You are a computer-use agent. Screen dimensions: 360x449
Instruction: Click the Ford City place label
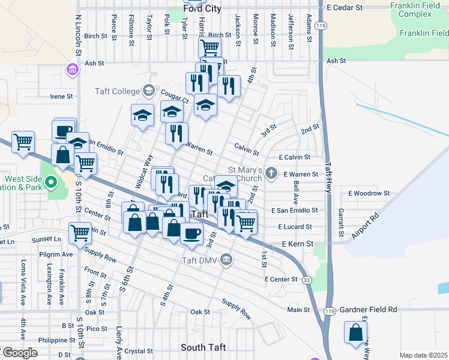tap(203, 9)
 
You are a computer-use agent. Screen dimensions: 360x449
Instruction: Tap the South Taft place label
tap(203, 348)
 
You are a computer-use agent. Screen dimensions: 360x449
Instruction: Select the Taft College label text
tap(116, 91)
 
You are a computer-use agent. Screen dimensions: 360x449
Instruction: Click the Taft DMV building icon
tap(226, 259)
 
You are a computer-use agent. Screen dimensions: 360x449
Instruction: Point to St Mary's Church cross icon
tap(271, 174)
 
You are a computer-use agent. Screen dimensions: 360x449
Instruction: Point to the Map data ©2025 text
tap(424, 355)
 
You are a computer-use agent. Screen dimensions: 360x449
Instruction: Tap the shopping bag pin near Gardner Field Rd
tap(356, 332)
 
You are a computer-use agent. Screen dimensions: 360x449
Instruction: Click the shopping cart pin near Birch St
tap(209, 47)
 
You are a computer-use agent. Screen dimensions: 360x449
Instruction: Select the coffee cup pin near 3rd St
tap(191, 233)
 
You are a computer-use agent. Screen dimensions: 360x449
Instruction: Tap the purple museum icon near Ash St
tap(73, 70)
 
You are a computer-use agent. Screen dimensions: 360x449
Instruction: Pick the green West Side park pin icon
tap(51, 181)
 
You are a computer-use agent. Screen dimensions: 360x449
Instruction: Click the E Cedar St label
tap(346, 8)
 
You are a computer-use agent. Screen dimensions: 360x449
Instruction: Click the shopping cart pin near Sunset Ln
tap(80, 233)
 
